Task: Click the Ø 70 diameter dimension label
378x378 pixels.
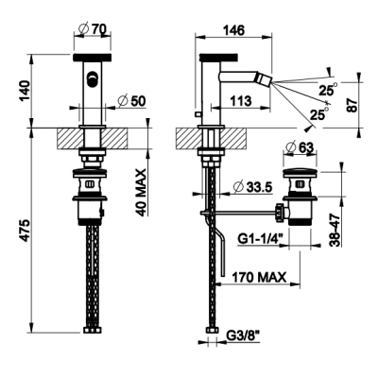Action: tap(93, 30)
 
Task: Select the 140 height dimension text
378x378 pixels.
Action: tap(25, 91)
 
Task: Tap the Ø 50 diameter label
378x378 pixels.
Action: tap(131, 101)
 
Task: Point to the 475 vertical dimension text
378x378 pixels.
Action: tap(25, 231)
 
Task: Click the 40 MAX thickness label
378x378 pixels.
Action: tap(142, 193)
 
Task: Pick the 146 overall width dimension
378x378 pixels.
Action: tap(233, 30)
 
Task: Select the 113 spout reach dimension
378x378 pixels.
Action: tap(241, 101)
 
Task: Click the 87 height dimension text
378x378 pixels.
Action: tap(353, 105)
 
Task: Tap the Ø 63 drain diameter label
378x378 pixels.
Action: tap(300, 147)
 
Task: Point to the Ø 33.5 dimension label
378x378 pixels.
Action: tap(252, 188)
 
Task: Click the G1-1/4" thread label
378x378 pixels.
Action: tap(260, 239)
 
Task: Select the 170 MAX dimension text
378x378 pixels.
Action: tap(259, 277)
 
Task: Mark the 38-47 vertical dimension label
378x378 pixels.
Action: tap(336, 230)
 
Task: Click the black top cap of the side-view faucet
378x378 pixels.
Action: tap(219, 57)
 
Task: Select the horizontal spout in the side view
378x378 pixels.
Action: tap(246, 77)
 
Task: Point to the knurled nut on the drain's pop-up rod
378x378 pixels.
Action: tap(280, 214)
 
